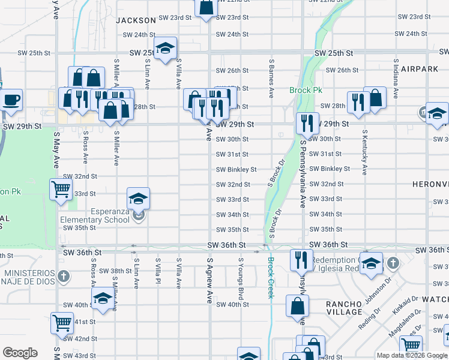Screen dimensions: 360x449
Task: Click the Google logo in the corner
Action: point(20,353)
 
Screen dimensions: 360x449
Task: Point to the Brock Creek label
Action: point(271,277)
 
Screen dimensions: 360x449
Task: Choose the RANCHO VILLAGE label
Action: point(344,308)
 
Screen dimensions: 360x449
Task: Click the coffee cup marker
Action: point(11,100)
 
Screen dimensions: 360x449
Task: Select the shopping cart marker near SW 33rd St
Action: point(61,189)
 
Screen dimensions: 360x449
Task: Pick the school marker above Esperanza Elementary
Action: point(138,198)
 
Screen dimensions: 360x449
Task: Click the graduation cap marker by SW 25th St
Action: point(164,49)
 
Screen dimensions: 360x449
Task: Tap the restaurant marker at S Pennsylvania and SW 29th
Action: point(307,123)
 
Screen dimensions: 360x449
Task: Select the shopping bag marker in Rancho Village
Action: point(298,305)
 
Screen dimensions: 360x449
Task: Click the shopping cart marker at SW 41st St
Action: point(62,323)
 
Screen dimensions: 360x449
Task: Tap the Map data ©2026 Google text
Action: point(411,355)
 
